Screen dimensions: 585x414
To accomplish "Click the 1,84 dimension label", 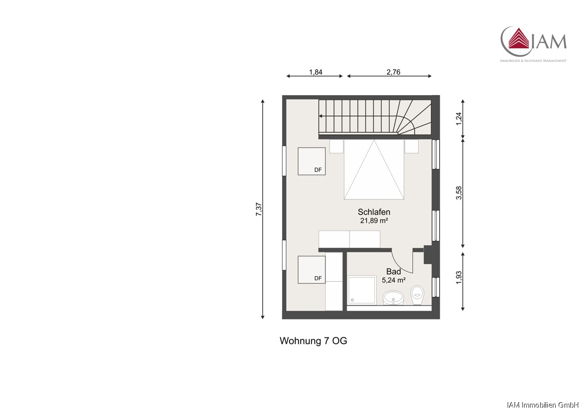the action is tap(315, 72).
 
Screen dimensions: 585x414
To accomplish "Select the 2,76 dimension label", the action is tap(393, 72).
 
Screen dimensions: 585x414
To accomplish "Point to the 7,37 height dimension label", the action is tap(259, 209).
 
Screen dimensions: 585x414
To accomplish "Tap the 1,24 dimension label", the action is tap(459, 119).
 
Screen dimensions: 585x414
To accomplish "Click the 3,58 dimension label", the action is tap(459, 193).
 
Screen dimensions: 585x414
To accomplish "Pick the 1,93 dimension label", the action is tap(459, 277).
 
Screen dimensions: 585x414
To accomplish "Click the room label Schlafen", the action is tap(374, 212).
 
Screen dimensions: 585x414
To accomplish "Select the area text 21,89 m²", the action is tap(374, 221).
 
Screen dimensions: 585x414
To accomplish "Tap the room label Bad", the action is tap(393, 272).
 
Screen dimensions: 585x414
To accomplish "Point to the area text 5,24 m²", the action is tap(393, 280).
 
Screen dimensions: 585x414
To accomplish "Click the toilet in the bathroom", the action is tap(417, 295).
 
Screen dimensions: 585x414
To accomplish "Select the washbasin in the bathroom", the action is tap(393, 298).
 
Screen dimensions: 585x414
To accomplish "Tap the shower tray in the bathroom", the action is tap(362, 290).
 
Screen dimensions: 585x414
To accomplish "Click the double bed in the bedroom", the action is tap(374, 170).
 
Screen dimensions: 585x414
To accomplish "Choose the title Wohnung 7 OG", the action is tap(313, 341).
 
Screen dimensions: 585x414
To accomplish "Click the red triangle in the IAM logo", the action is tap(518, 42).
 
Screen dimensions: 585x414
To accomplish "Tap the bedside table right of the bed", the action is tap(411, 146).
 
